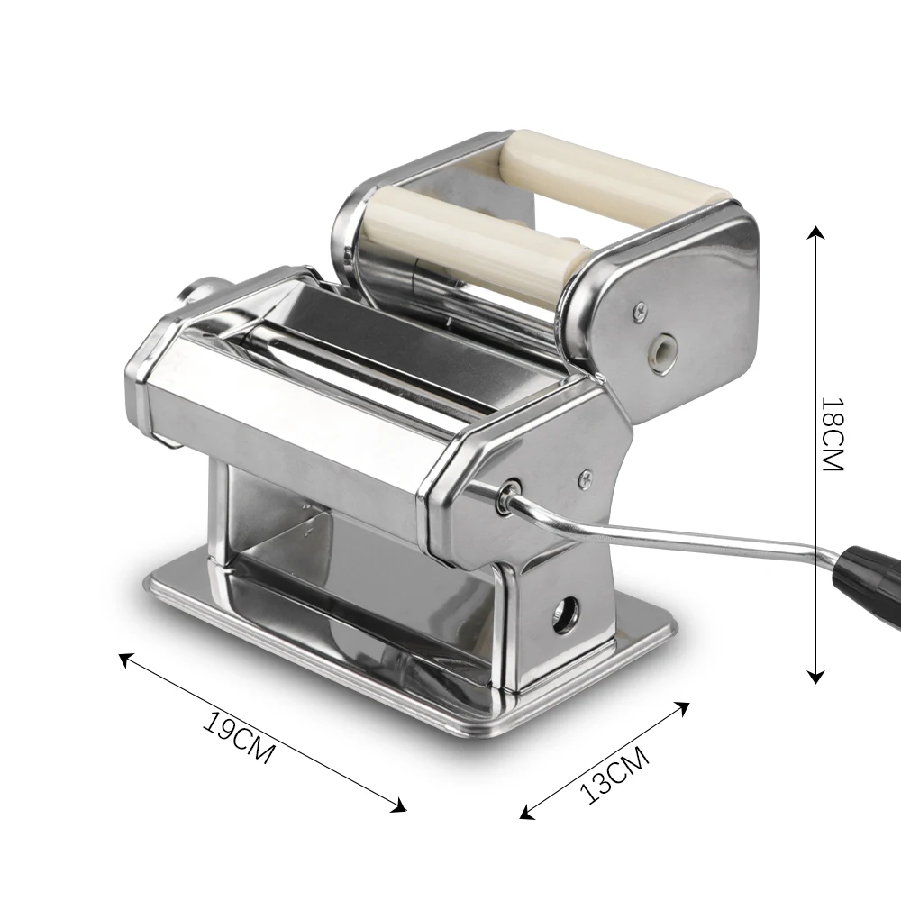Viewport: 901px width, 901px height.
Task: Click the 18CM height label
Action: tap(830, 436)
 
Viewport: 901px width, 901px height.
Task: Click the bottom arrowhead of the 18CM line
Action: tap(816, 677)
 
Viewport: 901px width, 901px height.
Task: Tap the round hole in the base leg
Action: tap(566, 617)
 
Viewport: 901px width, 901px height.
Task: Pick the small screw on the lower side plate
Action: tap(586, 474)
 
